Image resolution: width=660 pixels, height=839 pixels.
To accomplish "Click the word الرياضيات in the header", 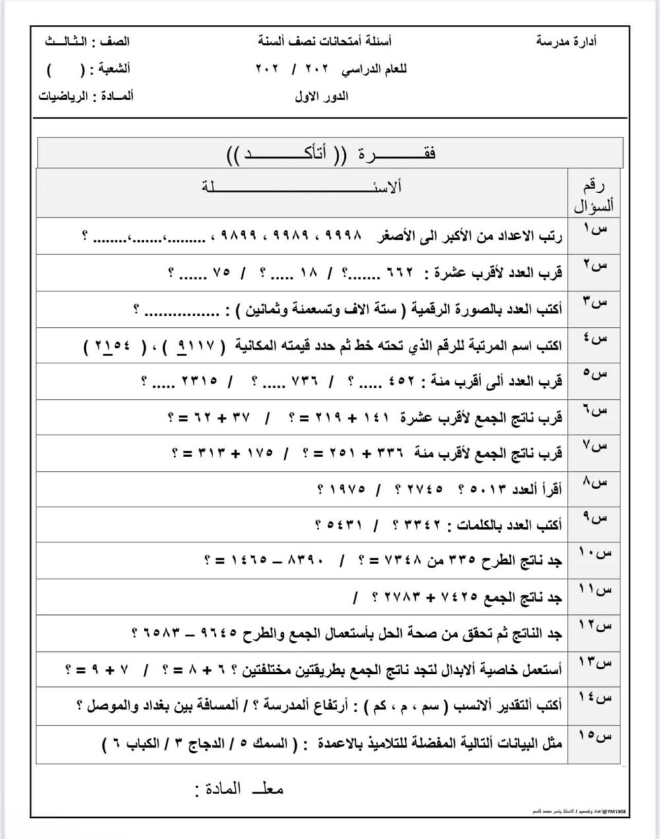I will [63, 96].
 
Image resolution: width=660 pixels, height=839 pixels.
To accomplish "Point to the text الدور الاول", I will [321, 96].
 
